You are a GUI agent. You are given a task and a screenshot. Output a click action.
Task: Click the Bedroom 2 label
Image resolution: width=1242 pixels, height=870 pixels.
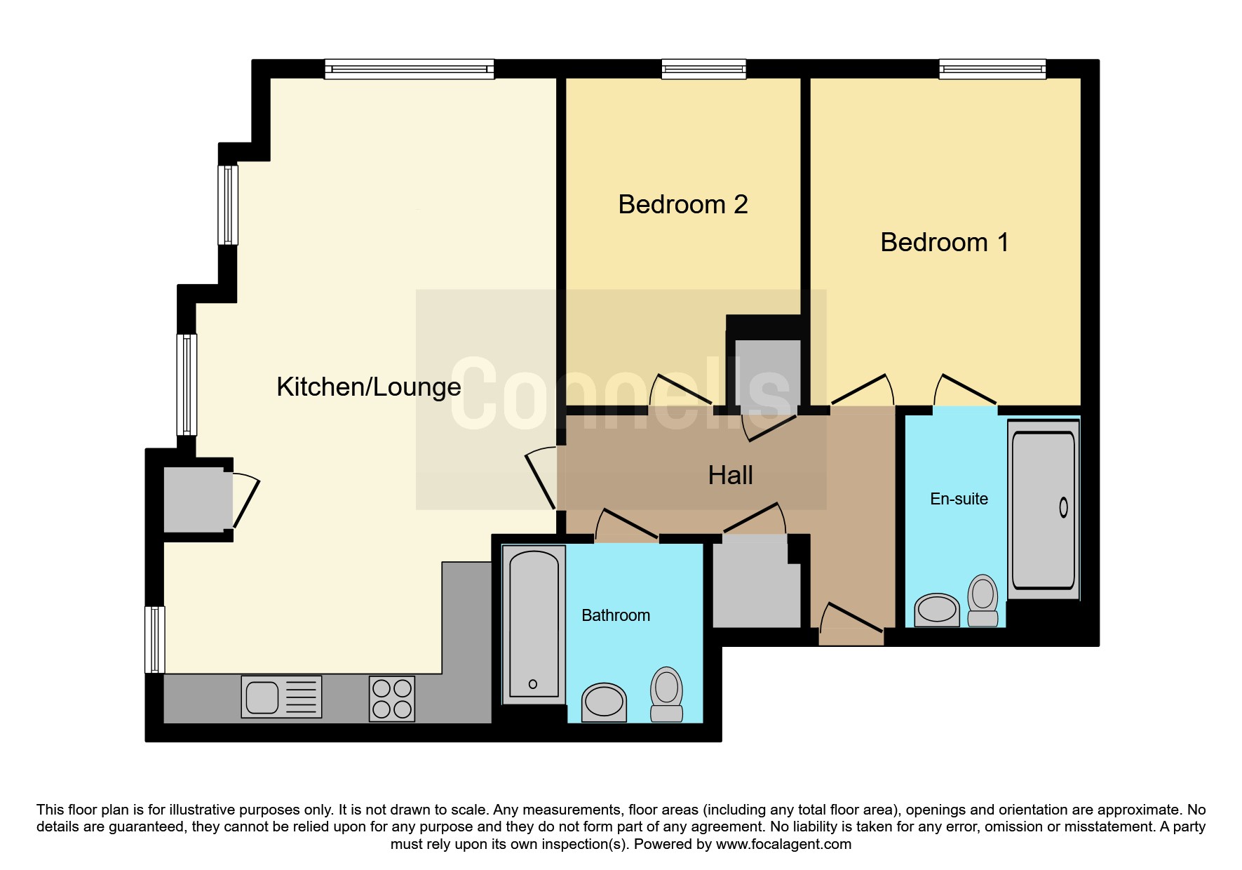pyautogui.click(x=683, y=204)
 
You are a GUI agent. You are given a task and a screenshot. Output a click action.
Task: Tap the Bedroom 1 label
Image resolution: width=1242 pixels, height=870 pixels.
pyautogui.click(x=945, y=242)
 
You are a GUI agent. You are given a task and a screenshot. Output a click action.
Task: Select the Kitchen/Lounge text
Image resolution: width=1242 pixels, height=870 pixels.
pyautogui.click(x=369, y=387)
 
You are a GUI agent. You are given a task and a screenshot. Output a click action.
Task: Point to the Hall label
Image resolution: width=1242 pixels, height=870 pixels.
pyautogui.click(x=730, y=475)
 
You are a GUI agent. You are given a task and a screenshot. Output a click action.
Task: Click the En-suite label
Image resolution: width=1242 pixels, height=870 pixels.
pyautogui.click(x=959, y=499)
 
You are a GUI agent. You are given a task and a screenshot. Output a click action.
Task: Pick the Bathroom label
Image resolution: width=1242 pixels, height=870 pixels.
pyautogui.click(x=616, y=615)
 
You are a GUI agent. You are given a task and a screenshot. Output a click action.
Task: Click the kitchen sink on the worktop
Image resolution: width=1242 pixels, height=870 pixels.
pyautogui.click(x=281, y=697)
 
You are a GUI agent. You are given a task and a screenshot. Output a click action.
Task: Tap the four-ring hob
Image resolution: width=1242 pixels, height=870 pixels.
pyautogui.click(x=392, y=699)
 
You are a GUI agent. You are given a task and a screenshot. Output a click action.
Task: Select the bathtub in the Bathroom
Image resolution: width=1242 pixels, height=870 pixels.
pyautogui.click(x=534, y=624)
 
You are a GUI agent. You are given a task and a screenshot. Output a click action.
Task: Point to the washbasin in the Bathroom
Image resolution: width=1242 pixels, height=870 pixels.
pyautogui.click(x=604, y=702)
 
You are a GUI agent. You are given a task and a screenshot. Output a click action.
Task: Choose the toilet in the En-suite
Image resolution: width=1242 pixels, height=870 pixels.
pyautogui.click(x=983, y=601)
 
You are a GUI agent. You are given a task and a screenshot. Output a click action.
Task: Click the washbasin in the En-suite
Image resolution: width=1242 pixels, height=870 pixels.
pyautogui.click(x=937, y=610)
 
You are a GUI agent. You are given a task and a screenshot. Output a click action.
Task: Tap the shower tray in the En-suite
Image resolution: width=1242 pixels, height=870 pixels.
pyautogui.click(x=1044, y=509)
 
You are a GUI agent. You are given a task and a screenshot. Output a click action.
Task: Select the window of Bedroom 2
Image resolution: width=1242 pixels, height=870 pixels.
pyautogui.click(x=703, y=69)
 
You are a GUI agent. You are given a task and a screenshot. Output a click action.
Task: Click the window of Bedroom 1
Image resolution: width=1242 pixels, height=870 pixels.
pyautogui.click(x=992, y=69)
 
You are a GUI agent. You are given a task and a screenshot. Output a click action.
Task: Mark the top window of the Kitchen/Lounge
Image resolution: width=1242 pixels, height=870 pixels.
pyautogui.click(x=410, y=69)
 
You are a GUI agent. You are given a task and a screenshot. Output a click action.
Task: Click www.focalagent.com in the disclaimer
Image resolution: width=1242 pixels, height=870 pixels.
pyautogui.click(x=783, y=844)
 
